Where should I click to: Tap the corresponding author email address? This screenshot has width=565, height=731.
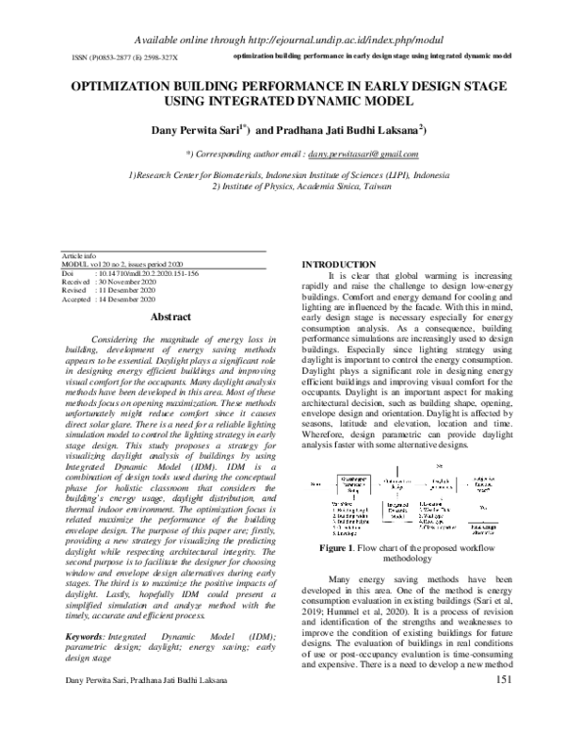[x=362, y=153]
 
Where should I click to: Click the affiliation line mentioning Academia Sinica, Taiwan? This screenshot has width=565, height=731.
[x=287, y=186]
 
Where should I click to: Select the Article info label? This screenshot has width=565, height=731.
[x=77, y=255]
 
